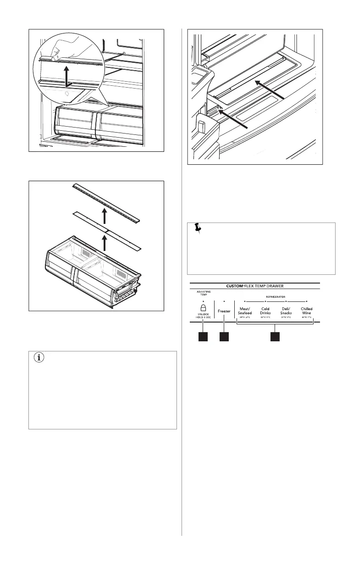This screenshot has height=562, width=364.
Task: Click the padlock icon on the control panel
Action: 203,309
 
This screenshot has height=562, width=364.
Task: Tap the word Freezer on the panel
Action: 224,311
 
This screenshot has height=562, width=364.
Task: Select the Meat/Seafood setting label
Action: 245,311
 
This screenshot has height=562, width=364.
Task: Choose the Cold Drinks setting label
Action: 265,311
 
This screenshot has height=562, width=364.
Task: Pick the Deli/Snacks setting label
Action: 286,311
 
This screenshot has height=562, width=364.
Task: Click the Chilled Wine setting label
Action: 307,311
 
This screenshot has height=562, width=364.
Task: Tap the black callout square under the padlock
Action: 203,337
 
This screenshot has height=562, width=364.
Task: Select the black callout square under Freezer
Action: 224,337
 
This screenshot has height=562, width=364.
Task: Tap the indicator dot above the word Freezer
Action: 224,301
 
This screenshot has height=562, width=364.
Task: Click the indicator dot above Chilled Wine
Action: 307,301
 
